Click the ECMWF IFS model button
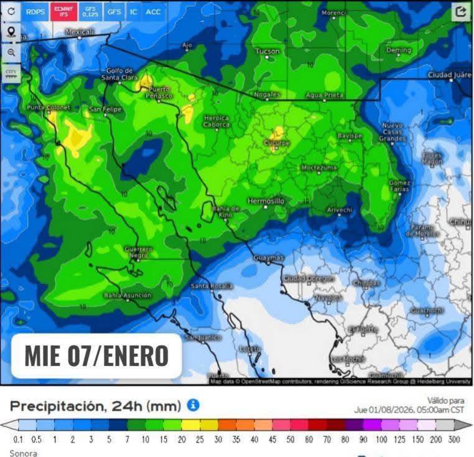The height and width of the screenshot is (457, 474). (60, 12)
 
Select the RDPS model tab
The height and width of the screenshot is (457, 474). (35, 12)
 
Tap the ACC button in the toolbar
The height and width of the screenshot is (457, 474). (153, 12)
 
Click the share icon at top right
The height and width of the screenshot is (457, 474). (460, 12)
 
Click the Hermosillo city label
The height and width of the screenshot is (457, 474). (266, 201)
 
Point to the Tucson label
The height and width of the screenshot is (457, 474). (267, 51)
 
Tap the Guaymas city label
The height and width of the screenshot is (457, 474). (269, 258)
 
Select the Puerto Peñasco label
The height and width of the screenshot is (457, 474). (159, 92)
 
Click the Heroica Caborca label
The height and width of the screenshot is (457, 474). (216, 121)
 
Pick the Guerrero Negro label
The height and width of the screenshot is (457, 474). (139, 252)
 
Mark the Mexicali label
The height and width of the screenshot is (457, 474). (80, 31)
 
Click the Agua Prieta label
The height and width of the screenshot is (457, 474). (324, 95)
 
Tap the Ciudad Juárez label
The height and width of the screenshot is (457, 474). (450, 75)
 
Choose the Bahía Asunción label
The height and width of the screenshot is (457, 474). (128, 295)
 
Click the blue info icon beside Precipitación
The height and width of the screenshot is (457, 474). (193, 405)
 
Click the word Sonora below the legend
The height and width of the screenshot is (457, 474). (23, 453)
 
